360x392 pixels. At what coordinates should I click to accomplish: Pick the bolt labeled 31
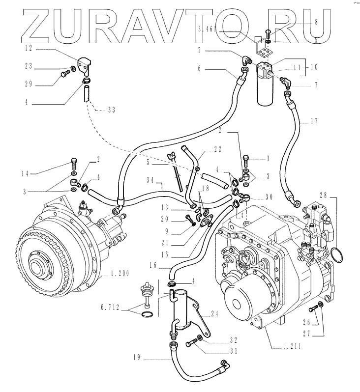coord(190,345)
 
